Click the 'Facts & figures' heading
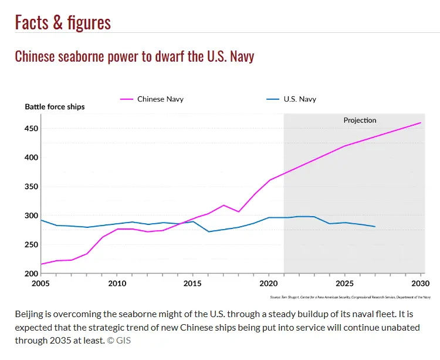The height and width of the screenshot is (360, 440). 63,22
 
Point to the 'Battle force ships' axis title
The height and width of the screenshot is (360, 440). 55,107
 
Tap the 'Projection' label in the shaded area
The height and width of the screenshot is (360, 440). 360,120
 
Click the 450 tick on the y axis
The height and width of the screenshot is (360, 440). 30,129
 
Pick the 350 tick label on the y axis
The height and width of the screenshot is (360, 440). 30,187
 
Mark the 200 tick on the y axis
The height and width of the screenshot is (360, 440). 30,274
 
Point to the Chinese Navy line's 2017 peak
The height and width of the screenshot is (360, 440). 223,205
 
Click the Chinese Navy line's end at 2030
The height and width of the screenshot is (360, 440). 421,123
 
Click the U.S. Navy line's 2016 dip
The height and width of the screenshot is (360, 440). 208,231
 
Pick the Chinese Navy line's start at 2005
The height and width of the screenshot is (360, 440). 41,264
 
